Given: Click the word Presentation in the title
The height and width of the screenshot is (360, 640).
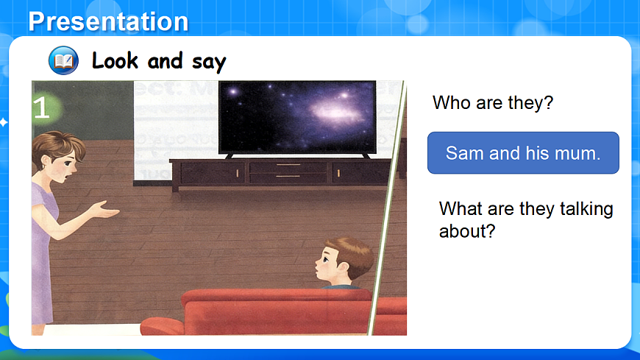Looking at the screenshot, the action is coord(108,21).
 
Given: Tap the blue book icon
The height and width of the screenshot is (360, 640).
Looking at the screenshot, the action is coord(63,60).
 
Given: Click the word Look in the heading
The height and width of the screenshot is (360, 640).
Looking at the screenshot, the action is coord(115,61).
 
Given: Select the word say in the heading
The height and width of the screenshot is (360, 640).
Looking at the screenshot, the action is coord(209,63).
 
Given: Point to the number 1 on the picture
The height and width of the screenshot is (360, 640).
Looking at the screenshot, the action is coord(42,108).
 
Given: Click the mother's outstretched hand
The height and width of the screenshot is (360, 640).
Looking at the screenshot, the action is coord(105,210).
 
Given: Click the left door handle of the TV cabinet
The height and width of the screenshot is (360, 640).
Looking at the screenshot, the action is coord(237,174).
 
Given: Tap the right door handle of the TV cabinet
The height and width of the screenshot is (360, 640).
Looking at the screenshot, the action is coord(338,174).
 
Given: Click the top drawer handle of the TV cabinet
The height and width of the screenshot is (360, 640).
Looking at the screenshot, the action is coord(288,165).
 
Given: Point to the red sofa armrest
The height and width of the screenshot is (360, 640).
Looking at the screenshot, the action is coord(162,326).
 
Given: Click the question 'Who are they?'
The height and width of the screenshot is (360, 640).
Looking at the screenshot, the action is coord(493,102).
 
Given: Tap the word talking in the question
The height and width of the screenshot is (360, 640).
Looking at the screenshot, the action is coord(586,209).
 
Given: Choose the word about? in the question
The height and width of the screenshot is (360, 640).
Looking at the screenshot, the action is coord(467,231).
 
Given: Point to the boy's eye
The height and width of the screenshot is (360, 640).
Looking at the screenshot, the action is coord(326,258).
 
